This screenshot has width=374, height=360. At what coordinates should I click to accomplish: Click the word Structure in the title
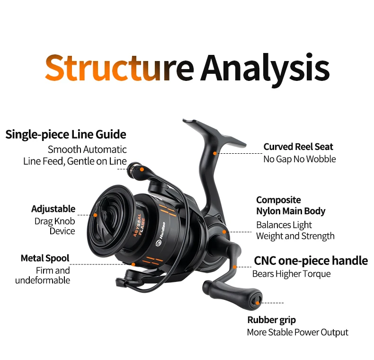pos(119,68)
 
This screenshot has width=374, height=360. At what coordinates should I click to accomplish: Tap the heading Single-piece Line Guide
pos(66,134)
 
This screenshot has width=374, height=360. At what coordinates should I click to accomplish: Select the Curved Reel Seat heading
pos(298,147)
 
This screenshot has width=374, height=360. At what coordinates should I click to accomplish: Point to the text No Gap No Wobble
pos(300,159)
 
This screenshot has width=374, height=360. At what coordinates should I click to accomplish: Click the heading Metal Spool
pos(45,258)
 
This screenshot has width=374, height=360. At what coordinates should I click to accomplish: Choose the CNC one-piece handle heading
pos(311,261)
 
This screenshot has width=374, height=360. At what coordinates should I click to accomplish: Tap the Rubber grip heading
pos(271,320)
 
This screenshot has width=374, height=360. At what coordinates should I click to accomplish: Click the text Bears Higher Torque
pos(292,274)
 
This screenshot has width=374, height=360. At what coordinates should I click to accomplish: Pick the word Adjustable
pos(53,209)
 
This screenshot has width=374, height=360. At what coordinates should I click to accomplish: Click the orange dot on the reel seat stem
pos(215,154)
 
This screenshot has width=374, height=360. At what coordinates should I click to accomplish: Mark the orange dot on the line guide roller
pos(142,169)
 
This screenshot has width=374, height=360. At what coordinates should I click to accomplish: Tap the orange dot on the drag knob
pos(95,215)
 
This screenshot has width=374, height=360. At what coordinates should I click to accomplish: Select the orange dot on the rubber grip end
pos(258,303)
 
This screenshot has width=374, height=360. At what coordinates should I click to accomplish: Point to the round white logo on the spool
pos(159,243)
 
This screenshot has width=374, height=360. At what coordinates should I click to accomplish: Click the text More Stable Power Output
pos(298,333)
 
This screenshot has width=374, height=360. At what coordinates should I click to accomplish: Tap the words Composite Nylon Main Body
pos(291,205)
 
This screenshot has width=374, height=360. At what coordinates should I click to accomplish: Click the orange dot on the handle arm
pos(235,267)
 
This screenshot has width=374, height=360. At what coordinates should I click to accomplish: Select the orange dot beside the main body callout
pos(224,232)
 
